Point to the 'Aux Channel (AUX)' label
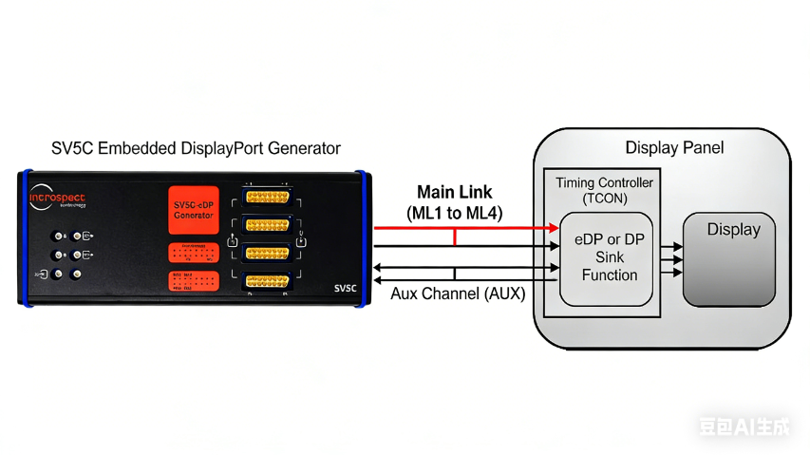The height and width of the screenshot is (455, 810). click(457, 294)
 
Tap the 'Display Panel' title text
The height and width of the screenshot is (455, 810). click(674, 148)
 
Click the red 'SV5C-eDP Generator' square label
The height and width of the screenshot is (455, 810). click(194, 210)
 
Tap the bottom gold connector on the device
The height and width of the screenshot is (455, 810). click(267, 280)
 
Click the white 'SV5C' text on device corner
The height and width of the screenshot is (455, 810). click(344, 288)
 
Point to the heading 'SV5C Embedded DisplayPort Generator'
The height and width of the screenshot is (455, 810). click(196, 149)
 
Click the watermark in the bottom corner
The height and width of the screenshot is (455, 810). click(744, 427)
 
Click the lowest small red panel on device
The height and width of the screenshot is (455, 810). click(194, 281)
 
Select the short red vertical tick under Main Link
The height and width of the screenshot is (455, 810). click(455, 237)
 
